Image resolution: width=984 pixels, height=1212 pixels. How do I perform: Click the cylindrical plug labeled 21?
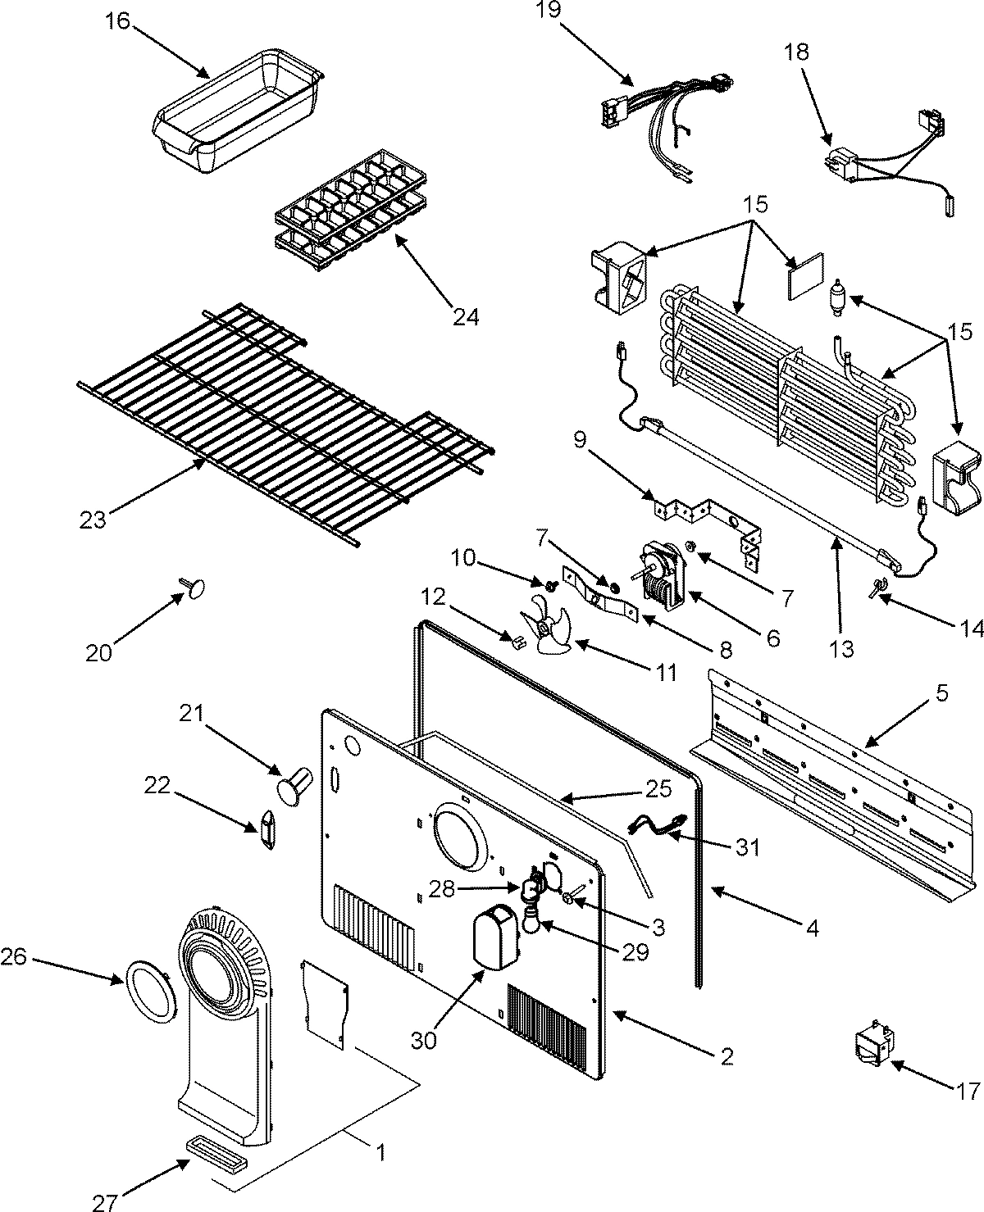click(x=295, y=782)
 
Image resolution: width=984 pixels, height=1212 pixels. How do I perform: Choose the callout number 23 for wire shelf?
click(x=93, y=519)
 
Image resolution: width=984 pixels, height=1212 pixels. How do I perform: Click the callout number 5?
click(x=941, y=692)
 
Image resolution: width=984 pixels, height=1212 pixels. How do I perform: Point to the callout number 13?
click(x=840, y=649)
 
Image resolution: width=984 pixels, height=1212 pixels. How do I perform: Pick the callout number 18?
click(x=795, y=52)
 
